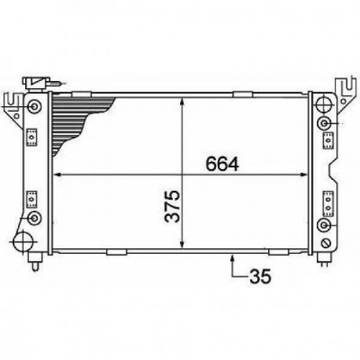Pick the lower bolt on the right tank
click(324, 226)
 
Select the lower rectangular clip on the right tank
click(323, 199)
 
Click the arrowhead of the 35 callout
click(233, 257)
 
